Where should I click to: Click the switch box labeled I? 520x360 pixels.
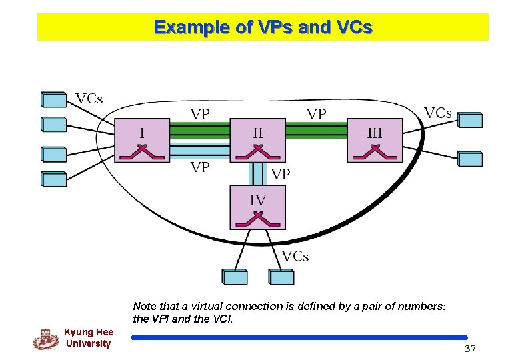[142, 140]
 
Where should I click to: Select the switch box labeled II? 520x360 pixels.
[258, 140]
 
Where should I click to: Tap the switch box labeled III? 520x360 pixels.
[375, 140]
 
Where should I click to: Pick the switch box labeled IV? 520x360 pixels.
[258, 207]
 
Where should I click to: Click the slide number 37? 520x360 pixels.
[471, 349]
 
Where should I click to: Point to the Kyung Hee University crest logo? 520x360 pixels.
[45, 339]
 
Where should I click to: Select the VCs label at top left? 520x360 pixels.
[89, 99]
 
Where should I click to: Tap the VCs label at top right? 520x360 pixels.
[438, 113]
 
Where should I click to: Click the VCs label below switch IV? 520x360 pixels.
[295, 256]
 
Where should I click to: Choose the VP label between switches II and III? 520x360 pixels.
[317, 114]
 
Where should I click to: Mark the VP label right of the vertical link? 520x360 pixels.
[281, 175]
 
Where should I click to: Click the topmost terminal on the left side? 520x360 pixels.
[54, 99]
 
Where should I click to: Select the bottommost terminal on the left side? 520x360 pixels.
[54, 179]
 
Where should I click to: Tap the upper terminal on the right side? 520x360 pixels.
[469, 120]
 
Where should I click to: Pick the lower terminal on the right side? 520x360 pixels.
[469, 159]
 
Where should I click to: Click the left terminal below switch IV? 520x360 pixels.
[234, 277]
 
